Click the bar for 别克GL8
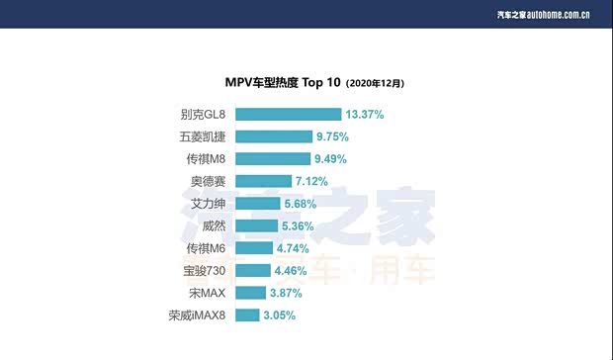[288, 115]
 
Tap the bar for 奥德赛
[263, 181]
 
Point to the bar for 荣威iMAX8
[247, 315]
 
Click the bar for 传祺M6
[254, 248]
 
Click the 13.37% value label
[365, 115]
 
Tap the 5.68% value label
[301, 204]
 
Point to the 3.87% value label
[287, 293]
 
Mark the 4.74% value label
[294, 248]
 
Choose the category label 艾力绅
[211, 204]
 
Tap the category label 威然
[217, 225]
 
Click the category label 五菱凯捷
[203, 136]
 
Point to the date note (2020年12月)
[375, 84]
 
